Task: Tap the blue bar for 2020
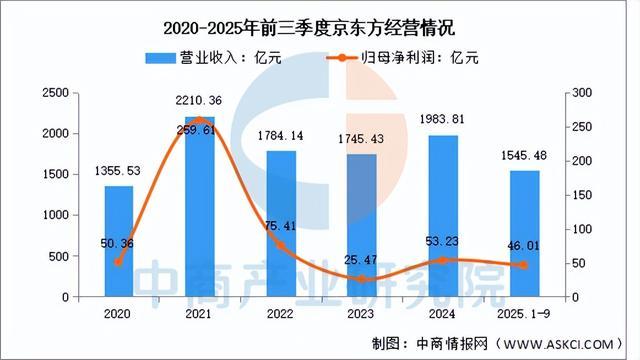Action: pos(119,240)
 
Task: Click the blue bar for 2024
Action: pos(444,215)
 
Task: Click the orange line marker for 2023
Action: pos(362,279)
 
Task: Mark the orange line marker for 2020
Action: pos(119,262)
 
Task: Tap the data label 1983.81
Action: pos(443,121)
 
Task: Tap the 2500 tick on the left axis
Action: pos(55,93)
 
